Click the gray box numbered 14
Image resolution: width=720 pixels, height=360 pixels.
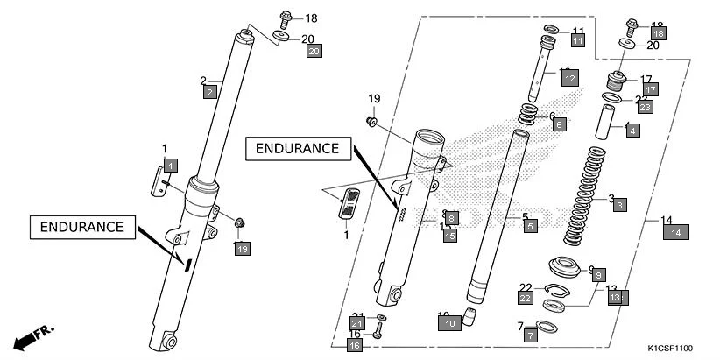tap(676, 232)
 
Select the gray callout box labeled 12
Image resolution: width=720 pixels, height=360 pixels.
tap(569, 79)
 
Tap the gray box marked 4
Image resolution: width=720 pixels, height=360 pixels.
tap(632, 131)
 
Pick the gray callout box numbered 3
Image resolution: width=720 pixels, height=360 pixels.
tap(619, 205)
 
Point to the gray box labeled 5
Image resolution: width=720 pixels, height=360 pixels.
tap(530, 226)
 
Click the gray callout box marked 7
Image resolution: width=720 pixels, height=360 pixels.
tap(531, 335)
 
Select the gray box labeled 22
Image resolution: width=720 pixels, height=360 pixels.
tap(524, 299)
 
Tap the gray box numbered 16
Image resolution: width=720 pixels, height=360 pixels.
tap(355, 346)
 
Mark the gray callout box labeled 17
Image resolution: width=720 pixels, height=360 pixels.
tap(650, 89)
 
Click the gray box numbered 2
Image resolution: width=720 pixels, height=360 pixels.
tap(209, 92)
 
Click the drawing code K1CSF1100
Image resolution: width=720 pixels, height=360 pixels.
tap(675, 348)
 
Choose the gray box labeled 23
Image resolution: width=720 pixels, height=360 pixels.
tap(645, 108)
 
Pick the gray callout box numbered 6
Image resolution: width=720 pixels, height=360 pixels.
tap(559, 125)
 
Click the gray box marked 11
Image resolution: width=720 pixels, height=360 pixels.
tap(577, 41)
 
